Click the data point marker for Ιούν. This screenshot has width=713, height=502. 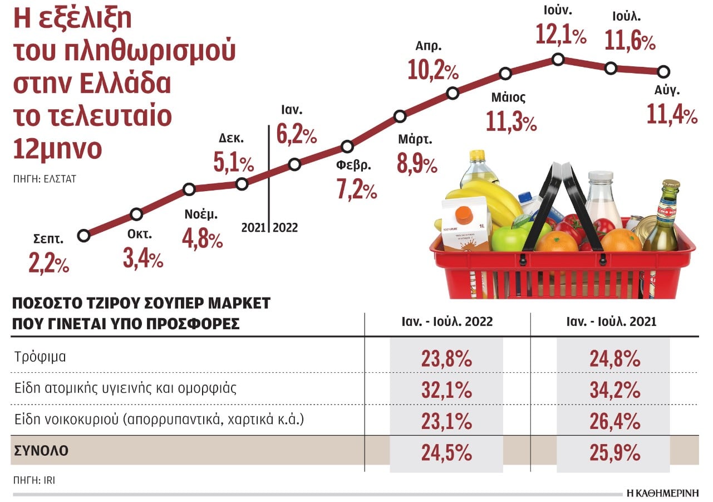coord(558,60)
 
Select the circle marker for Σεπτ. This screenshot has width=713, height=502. coord(84,236)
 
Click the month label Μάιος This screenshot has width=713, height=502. coord(508,98)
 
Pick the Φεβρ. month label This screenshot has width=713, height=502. coord(353,165)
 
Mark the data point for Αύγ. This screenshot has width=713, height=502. coord(663,72)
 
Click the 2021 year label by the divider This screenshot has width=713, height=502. coord(254,228)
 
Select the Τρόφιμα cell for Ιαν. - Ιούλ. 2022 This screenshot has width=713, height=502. coord(446,358)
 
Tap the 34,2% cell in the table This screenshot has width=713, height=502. coord(614,390)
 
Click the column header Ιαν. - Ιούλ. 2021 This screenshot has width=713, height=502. coord(614,322)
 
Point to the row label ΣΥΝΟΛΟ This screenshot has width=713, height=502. coord(40,451)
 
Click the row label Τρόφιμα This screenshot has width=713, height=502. coord(41,357)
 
